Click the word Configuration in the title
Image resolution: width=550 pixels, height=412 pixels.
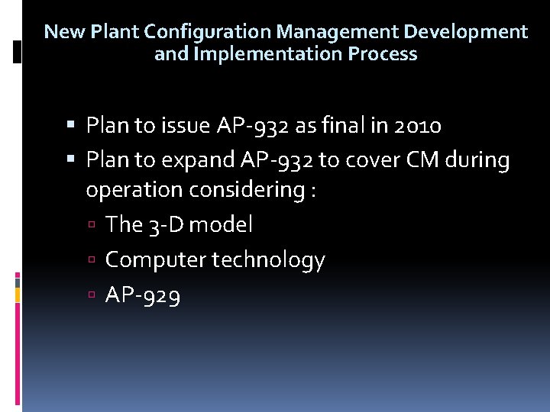[208, 32]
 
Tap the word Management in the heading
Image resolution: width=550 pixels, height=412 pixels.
[337, 32]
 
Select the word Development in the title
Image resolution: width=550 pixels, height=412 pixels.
[465, 32]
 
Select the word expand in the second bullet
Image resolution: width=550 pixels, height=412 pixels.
[200, 161]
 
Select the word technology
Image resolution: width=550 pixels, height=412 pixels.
[268, 260]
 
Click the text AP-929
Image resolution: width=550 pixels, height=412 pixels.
[143, 296]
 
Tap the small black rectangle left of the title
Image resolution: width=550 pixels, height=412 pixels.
[18, 52]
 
